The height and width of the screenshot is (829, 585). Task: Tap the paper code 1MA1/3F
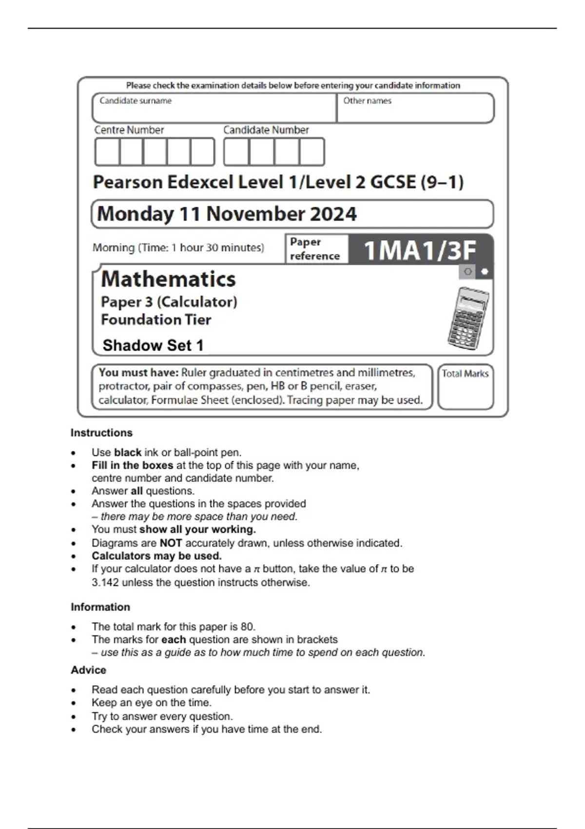pos(420,250)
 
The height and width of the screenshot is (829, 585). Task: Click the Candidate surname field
pos(214,108)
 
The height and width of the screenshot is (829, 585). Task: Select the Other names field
pos(415,108)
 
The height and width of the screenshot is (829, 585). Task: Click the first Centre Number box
pos(107,152)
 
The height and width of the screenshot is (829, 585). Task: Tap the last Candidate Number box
pos(312,152)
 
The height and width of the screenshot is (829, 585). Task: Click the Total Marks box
pos(465,387)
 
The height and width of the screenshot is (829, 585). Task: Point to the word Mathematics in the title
pos(168,279)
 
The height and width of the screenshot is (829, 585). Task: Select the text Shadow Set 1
pos(153,345)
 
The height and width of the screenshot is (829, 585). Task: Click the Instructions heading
pos(101,433)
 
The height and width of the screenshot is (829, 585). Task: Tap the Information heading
pos(100,607)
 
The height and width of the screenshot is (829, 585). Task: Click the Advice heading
pos(88,670)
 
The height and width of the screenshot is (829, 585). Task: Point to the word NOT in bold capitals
pos(171,543)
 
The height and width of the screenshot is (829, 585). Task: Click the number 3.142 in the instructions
pos(105,582)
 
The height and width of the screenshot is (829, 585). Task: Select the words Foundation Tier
pos(156,320)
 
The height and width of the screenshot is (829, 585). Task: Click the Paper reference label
pos(314,249)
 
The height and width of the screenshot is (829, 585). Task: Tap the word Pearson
pos(128,182)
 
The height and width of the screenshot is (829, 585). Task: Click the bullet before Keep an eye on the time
pos(74,703)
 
